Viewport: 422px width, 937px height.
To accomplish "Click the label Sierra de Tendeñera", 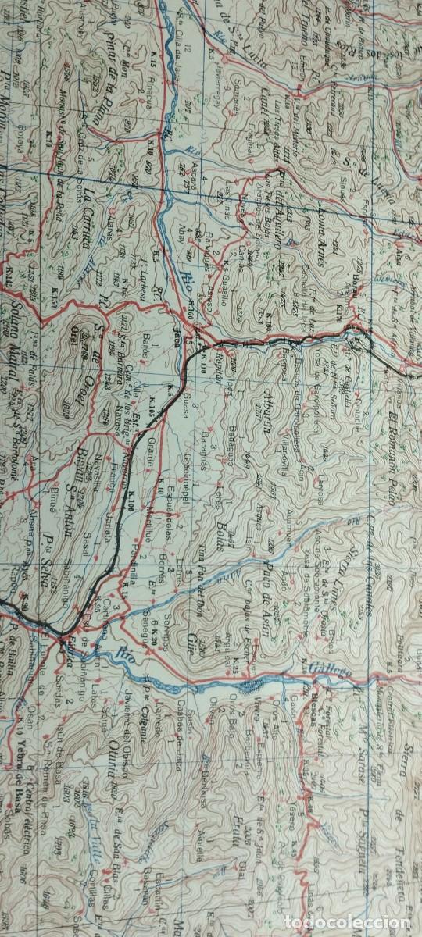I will coord(398,718).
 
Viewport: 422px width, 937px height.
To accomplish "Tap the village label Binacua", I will coord(136,122).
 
